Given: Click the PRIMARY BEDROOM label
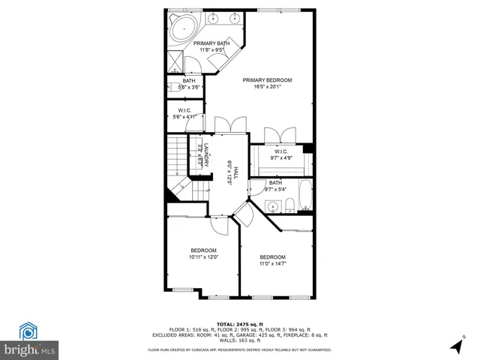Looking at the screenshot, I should [266, 79].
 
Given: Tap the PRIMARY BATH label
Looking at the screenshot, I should [212, 43].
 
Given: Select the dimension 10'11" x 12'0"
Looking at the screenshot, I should [202, 258].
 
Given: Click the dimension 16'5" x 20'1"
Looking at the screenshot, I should [266, 87].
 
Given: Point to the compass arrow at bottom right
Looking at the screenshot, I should [454, 346].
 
